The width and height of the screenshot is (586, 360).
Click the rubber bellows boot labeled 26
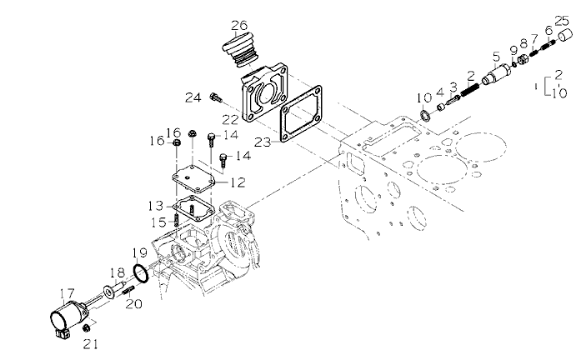(241, 50)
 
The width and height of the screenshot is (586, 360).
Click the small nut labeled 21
(87, 327)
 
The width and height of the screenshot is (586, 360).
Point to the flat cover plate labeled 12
(193, 178)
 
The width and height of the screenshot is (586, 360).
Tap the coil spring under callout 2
(470, 90)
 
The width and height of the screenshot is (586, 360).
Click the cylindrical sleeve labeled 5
(497, 75)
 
